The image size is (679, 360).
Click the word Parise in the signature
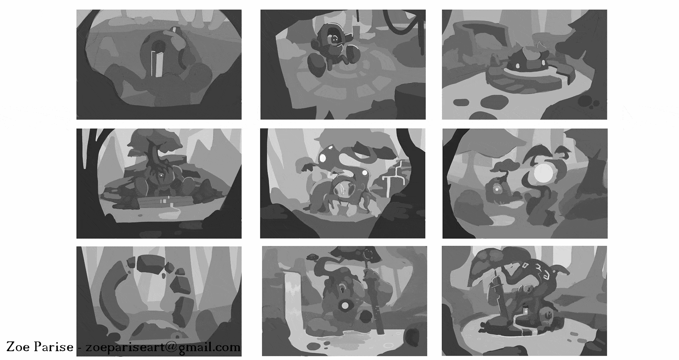pos(54,347)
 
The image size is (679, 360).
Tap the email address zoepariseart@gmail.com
pos(161,347)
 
